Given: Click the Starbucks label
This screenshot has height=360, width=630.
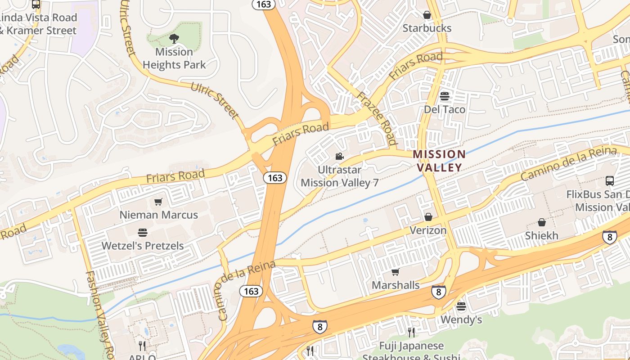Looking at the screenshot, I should tap(427, 28).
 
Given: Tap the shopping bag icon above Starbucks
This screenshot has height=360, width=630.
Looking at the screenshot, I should tap(427, 15).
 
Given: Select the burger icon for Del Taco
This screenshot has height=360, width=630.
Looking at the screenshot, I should tap(445, 96).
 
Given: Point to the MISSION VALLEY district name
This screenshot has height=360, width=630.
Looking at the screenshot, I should tap(439, 161).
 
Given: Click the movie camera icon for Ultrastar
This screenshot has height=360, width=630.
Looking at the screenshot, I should tap(339, 157).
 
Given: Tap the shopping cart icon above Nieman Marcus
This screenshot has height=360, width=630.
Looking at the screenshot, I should tap(158, 202).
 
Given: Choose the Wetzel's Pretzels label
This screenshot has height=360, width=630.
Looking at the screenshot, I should tap(143, 246).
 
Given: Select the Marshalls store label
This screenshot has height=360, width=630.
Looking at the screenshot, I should tap(396, 285).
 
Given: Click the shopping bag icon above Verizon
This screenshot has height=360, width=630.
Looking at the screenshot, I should tap(428, 217).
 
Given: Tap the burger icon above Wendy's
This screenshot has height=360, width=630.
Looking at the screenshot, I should tap(461, 306).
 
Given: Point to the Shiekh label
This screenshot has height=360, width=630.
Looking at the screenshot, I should tap(542, 235).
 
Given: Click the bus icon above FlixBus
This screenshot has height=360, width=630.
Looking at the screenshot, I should tap(610, 181).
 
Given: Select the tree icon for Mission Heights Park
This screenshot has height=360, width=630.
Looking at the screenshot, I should tap(174, 39).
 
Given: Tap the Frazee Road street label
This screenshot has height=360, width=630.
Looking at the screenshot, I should tap(377, 118).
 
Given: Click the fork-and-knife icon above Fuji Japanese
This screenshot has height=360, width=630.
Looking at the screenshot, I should tap(411, 333).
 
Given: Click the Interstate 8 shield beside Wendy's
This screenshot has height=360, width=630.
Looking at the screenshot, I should tap(438, 292).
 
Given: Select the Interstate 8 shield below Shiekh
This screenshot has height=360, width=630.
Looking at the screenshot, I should tap(609, 237).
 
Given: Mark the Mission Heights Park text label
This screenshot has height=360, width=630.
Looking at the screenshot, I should tap(174, 58).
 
